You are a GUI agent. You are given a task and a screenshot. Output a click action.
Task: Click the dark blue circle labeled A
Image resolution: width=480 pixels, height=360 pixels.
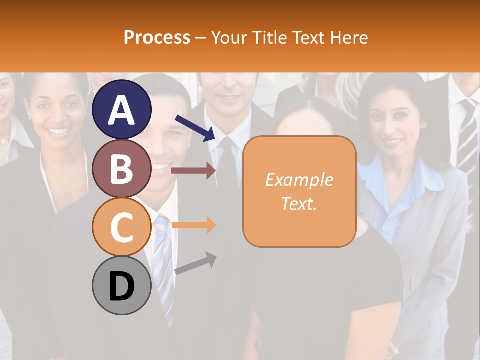tap(122, 110)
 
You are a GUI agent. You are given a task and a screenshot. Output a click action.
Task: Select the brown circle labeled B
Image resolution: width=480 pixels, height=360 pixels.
tap(122, 168)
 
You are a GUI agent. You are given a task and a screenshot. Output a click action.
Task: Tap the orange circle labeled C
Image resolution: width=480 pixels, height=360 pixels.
tap(122, 227)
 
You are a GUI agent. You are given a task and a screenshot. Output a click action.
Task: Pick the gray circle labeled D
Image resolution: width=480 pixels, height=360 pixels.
tap(122, 285)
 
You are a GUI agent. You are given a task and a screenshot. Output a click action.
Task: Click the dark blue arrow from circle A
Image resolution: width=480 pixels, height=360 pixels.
tap(195, 128)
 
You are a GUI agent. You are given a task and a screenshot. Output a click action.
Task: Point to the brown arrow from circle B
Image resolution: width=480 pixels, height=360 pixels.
tap(193, 171)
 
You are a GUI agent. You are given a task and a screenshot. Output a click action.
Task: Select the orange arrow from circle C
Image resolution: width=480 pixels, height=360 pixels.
tap(193, 225)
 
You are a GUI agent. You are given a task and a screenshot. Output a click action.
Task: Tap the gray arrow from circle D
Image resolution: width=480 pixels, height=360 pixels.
tap(195, 263)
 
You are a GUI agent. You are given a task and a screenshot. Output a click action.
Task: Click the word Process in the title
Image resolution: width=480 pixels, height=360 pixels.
tap(157, 37)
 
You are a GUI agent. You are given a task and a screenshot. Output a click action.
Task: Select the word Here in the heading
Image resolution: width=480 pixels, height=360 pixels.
tap(349, 37)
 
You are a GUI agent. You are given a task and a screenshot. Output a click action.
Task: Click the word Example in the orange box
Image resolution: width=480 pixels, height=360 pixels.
tap(299, 180)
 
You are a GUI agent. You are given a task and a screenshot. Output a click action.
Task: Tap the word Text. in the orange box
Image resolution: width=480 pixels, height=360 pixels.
tap(299, 203)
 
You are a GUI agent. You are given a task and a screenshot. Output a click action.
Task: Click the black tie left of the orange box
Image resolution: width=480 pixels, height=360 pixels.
tap(227, 165)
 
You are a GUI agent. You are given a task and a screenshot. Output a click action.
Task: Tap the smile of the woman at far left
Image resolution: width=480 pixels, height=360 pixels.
tap(59, 132)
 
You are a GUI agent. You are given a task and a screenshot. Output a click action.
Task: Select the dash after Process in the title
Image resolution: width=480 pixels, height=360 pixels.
tap(201, 38)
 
